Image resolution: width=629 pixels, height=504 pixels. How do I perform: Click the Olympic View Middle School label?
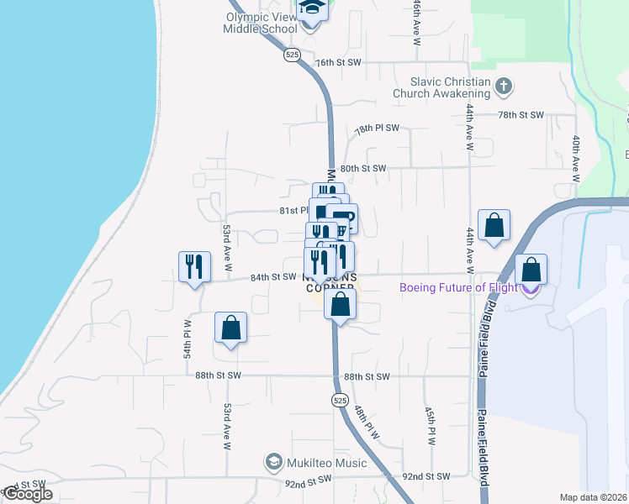(x=260, y=22)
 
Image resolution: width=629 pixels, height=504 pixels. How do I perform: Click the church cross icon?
(x=504, y=86)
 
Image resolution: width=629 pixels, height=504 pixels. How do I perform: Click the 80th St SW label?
(x=363, y=168)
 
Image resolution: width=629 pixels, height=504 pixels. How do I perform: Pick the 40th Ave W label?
(x=576, y=159)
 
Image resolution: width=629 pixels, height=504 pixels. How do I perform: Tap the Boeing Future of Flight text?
(x=457, y=287)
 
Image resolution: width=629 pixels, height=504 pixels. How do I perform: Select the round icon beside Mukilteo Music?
(x=273, y=462)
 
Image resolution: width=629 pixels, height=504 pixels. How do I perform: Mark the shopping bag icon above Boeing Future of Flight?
(x=531, y=270)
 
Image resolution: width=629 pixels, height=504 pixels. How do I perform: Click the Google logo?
(x=28, y=495)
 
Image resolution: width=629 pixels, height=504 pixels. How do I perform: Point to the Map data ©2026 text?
(x=594, y=497)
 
